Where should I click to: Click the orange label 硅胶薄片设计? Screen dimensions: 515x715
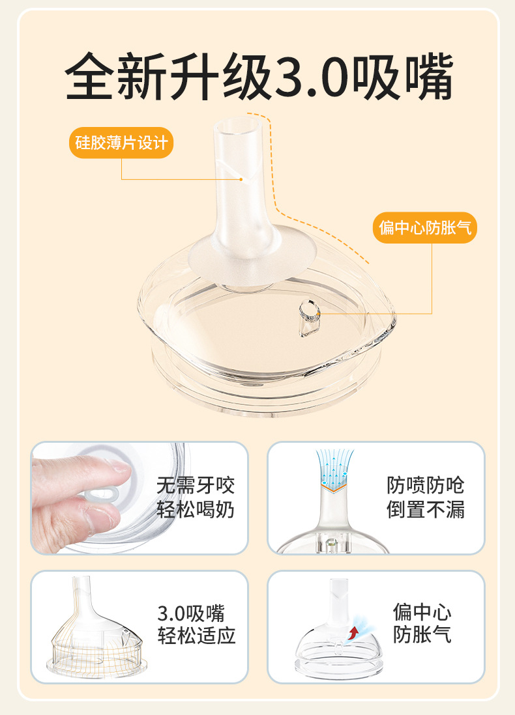[121, 143]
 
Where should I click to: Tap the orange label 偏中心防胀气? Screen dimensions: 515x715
[424, 227]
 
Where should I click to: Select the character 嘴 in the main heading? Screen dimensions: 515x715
[426, 76]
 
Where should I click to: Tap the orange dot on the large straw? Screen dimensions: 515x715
[241, 179]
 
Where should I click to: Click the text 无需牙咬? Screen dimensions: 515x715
[196, 485]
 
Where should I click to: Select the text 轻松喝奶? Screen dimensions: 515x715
[196, 509]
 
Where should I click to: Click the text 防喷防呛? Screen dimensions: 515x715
[426, 485]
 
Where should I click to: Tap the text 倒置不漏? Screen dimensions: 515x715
[426, 509]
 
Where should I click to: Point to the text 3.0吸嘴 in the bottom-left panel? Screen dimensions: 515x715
[191, 613]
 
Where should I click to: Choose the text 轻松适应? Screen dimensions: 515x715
[196, 636]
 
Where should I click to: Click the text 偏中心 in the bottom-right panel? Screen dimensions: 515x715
[422, 611]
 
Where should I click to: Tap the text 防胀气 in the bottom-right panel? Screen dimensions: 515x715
[422, 634]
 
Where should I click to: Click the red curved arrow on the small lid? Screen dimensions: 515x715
[353, 632]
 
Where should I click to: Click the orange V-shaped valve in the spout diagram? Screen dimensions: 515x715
[334, 488]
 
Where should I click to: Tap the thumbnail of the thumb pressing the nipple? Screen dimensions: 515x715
[140, 498]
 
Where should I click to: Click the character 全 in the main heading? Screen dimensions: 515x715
[89, 76]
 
